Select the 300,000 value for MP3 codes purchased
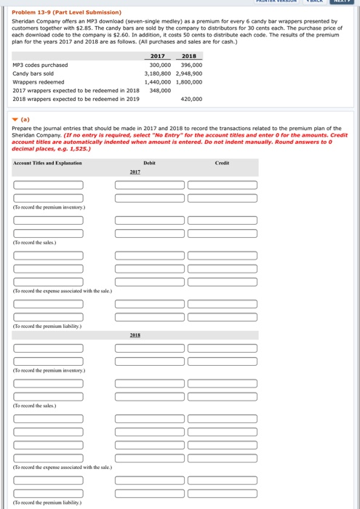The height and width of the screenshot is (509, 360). [159, 65]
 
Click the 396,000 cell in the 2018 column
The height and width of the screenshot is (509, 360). [191, 65]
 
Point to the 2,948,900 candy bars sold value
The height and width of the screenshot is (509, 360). [189, 73]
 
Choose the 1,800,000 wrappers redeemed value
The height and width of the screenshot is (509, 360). [189, 82]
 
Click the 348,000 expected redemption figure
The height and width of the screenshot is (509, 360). [160, 90]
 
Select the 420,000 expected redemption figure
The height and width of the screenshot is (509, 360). [191, 99]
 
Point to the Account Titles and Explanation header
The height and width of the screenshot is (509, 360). [47, 164]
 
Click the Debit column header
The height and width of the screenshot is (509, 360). [150, 164]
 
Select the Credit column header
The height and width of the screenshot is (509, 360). [222, 164]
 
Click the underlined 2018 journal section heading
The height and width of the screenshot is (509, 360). [134, 337]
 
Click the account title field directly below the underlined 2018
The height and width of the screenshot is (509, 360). [48, 348]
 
